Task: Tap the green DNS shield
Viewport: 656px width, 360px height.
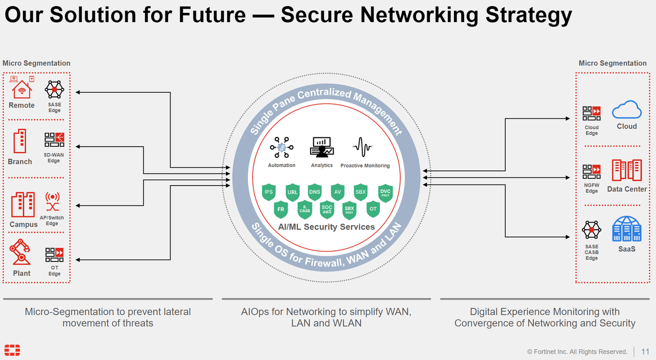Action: click(315, 192)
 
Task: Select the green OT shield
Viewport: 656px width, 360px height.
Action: click(373, 209)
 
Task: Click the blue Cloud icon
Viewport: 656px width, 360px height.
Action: click(627, 110)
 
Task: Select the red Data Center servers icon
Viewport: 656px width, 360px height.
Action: click(627, 170)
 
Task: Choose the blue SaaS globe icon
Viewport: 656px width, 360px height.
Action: click(626, 229)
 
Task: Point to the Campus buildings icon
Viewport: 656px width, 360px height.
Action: click(23, 205)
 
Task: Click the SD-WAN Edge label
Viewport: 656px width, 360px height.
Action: click(54, 157)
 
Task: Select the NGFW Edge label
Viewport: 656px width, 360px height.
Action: click(591, 188)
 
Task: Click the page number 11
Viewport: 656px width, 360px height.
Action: click(645, 351)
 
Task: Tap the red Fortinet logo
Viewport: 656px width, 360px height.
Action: click(12, 351)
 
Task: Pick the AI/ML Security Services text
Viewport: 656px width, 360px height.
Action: click(326, 227)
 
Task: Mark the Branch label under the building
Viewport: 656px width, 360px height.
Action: click(20, 162)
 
